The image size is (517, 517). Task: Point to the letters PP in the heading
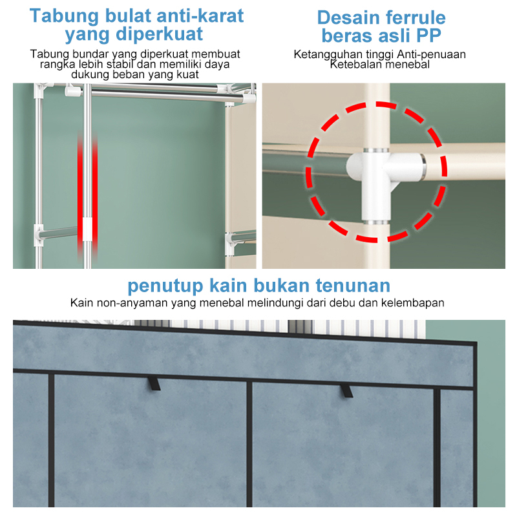coord(428,36)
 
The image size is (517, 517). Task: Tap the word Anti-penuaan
coord(431,54)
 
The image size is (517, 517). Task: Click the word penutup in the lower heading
coord(165,286)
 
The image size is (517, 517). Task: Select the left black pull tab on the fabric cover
coord(154,383)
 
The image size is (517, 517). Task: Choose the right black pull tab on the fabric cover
coord(346,390)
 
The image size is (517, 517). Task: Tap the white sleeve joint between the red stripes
coord(87,229)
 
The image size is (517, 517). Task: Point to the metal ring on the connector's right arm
coord(423,168)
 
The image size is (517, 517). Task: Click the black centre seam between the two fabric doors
coord(249,444)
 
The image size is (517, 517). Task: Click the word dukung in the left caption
coord(90,74)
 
